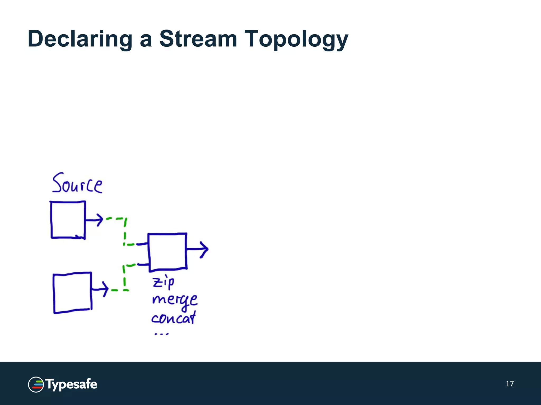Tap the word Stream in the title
point(198,39)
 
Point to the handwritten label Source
point(77,183)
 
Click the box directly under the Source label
point(68,220)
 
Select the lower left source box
point(72,293)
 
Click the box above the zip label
point(167,252)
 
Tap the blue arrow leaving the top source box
point(94,220)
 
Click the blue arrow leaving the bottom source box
point(100,289)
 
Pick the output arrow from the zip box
point(198,249)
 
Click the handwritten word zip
point(163,283)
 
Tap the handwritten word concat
point(174,318)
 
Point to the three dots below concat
point(161,334)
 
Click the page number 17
point(510,384)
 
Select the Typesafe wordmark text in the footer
point(71,384)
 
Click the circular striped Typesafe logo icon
point(36,384)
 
